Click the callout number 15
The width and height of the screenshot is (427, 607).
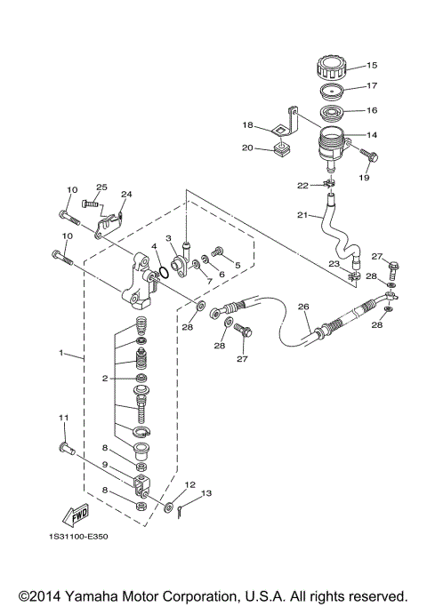click(372, 65)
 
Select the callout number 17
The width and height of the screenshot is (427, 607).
click(372, 86)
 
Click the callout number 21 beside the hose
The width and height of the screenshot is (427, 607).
click(302, 216)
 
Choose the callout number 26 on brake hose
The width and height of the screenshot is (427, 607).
click(303, 308)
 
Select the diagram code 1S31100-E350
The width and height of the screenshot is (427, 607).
click(81, 538)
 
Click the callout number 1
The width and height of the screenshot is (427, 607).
click(61, 353)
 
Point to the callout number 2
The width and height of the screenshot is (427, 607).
click(104, 379)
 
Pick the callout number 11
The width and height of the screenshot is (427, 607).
click(63, 418)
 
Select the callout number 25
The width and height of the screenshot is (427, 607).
click(101, 188)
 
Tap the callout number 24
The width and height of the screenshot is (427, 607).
click(126, 194)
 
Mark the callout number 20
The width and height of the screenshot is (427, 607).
click(248, 148)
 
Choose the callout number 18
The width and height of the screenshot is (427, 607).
click(248, 125)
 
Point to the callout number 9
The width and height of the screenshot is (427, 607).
click(104, 465)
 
